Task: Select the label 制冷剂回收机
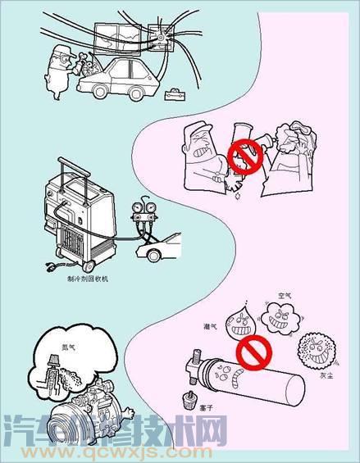coord(88,278)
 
